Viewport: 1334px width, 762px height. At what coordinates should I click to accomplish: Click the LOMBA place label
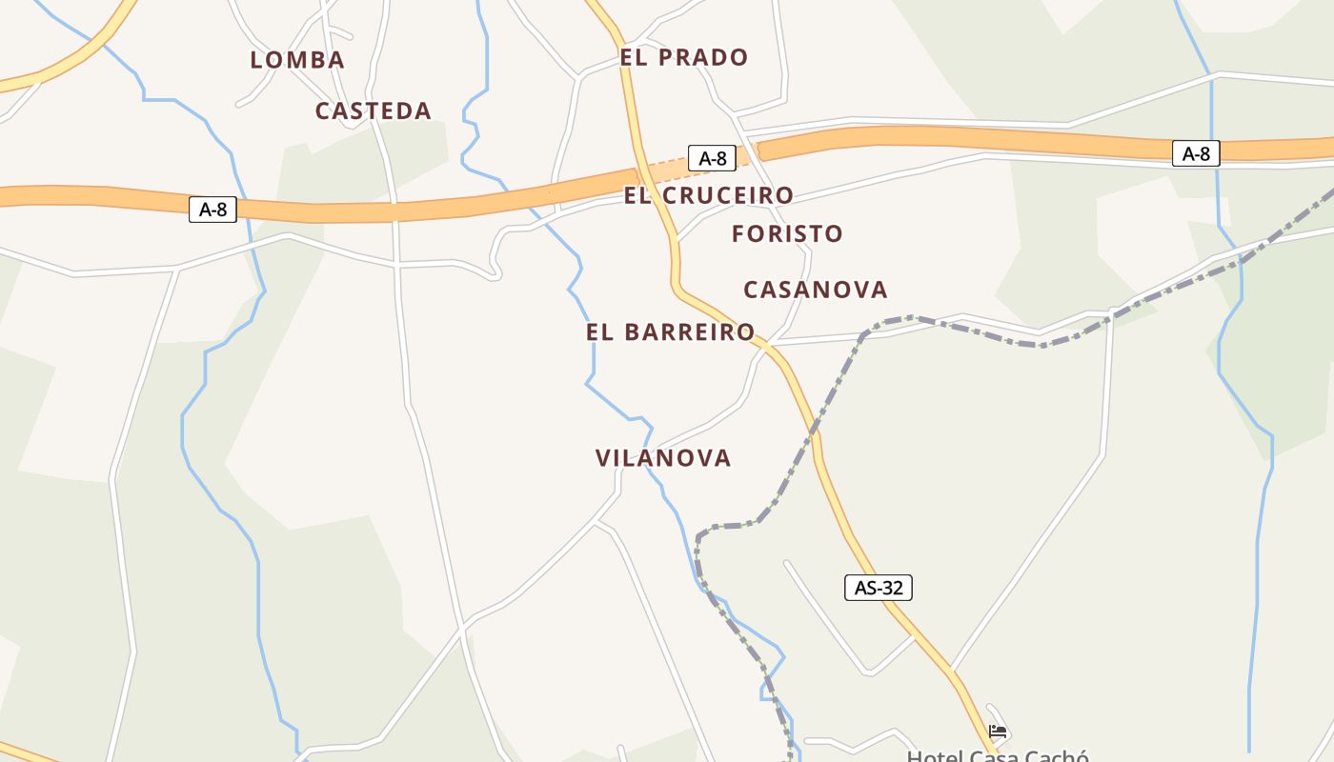[297, 60]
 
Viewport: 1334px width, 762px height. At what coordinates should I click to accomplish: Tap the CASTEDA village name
[374, 110]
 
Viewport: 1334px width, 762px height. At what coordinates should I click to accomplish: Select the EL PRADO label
[684, 57]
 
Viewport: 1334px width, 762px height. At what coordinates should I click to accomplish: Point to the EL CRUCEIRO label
[709, 195]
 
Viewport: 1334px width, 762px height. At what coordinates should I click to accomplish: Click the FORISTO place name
[788, 233]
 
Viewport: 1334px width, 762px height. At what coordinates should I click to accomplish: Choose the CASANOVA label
[816, 289]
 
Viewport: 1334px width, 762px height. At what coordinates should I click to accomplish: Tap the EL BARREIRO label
[671, 331]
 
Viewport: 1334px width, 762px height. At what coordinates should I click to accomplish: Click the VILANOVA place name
[663, 458]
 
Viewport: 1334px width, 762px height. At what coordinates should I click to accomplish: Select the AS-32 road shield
[879, 588]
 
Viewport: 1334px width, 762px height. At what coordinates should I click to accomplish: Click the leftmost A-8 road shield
[212, 210]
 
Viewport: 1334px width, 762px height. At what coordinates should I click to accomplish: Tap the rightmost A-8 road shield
[1196, 153]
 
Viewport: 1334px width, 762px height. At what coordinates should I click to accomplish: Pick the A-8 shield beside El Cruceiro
[713, 158]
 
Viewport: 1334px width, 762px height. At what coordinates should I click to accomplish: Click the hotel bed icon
[998, 732]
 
